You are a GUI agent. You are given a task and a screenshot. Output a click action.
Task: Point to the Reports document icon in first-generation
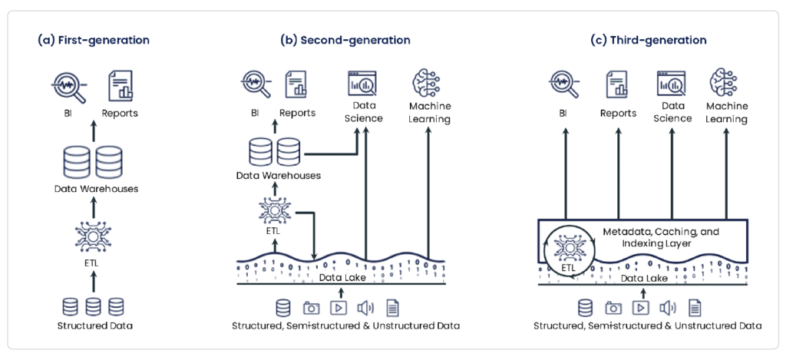click(x=120, y=86)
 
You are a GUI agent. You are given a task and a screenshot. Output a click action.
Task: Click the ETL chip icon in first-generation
click(x=93, y=235)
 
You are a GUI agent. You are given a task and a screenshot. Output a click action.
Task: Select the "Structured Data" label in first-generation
click(x=94, y=325)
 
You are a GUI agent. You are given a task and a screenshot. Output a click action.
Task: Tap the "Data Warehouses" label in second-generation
click(x=278, y=176)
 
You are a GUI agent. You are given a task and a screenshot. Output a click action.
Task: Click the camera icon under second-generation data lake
click(x=311, y=308)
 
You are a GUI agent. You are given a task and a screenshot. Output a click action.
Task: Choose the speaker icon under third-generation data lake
click(x=667, y=308)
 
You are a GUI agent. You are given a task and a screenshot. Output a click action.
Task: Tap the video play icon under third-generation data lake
click(x=639, y=308)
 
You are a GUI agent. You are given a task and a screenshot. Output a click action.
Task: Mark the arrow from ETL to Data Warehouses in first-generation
click(x=93, y=206)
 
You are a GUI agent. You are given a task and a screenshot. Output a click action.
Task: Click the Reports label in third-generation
click(x=619, y=113)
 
